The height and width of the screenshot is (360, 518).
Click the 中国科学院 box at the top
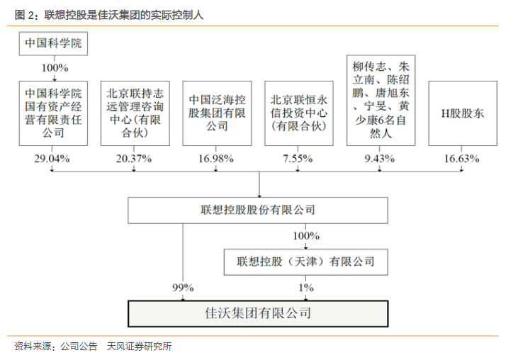point(53,44)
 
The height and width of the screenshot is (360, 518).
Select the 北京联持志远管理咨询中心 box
point(135,113)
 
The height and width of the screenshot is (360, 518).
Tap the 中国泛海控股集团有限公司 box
point(217,113)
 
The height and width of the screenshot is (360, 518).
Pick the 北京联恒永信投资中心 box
point(299,113)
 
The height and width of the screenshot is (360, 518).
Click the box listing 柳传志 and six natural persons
point(381,101)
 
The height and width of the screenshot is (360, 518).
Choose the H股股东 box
point(463,113)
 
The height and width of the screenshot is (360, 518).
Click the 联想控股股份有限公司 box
point(258,210)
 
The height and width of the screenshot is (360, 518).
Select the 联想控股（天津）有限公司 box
point(306,262)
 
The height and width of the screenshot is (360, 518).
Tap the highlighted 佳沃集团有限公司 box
point(258,314)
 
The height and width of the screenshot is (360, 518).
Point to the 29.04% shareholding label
point(52,159)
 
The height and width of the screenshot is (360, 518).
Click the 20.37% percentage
point(134,159)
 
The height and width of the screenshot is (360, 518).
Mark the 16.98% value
point(215,159)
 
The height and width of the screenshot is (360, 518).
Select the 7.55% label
point(298,159)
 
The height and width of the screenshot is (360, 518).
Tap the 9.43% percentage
point(380,159)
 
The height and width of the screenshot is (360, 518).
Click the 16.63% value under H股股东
point(461,159)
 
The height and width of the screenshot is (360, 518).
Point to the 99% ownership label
point(183,288)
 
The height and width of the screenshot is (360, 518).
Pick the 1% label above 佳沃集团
point(306,288)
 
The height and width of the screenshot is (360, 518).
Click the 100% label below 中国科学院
point(55,68)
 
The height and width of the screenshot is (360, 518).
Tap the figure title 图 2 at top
point(109,15)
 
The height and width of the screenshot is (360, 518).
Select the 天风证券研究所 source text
point(139,346)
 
